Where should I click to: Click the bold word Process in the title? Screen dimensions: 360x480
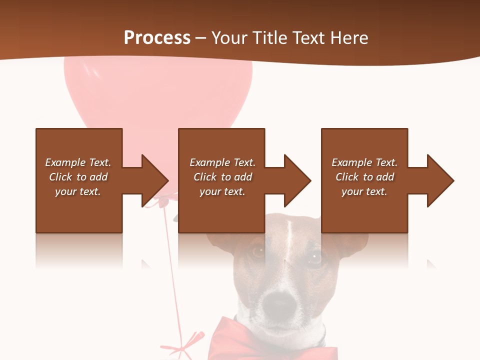coord(157,38)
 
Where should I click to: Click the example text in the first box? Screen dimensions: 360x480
coord(78,177)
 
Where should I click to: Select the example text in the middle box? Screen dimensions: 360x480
coord(222,177)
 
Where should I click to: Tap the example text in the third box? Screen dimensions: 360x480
coord(364,177)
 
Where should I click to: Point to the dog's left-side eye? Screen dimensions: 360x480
coord(258,251)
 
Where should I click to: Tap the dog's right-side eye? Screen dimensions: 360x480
coord(315,257)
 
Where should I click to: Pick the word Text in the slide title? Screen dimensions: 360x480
coord(308,38)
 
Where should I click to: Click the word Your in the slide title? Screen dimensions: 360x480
coord(229,38)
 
